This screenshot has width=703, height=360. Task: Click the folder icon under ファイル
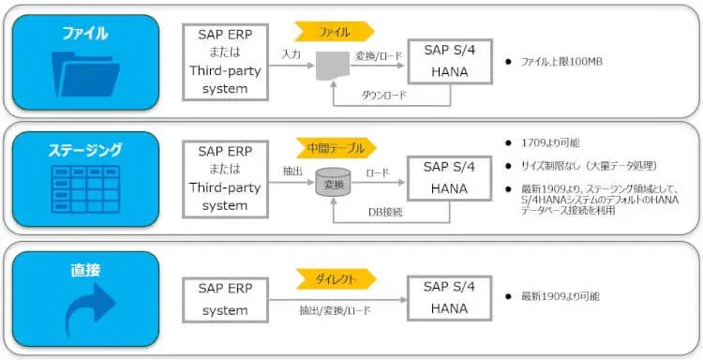coord(84,80)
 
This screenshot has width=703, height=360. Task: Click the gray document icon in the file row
coord(332,66)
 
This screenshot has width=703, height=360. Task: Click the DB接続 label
coord(385,212)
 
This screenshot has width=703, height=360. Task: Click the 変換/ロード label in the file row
coord(379,55)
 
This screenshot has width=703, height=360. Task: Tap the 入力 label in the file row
coord(291,55)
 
